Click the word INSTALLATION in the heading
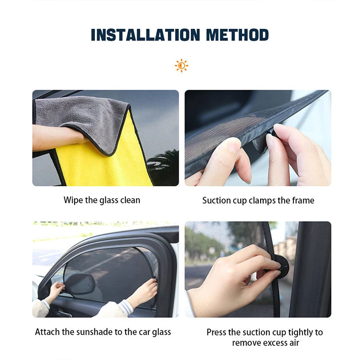pyautogui.click(x=144, y=35)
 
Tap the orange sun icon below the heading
pyautogui.click(x=181, y=66)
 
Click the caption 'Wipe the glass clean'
pyautogui.click(x=102, y=200)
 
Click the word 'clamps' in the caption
pyautogui.click(x=259, y=200)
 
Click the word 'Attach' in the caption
pyautogui.click(x=47, y=332)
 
